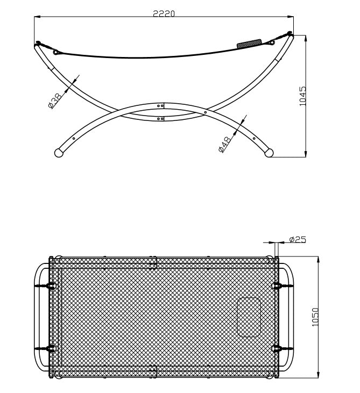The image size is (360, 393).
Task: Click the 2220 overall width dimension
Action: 164,15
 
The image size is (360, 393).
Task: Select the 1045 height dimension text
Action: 303,96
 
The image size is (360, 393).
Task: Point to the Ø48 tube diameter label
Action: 225,145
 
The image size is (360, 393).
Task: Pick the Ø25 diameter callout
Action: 297,239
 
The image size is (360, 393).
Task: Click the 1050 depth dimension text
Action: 315,317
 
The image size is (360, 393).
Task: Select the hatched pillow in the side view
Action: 250,44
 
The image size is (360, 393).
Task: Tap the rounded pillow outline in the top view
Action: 249,317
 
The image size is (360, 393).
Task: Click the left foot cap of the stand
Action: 59,153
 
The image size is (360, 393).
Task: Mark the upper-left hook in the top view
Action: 51,285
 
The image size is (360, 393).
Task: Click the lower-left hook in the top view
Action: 51,348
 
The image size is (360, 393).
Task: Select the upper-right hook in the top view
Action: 278,285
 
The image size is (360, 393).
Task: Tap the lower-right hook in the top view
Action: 278,348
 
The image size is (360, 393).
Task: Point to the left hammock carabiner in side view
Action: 56,52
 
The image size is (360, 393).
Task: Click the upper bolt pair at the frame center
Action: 160,106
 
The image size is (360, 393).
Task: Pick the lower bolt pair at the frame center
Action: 160,118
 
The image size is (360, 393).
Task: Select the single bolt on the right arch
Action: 206,113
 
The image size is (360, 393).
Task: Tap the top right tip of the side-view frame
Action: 290,34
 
